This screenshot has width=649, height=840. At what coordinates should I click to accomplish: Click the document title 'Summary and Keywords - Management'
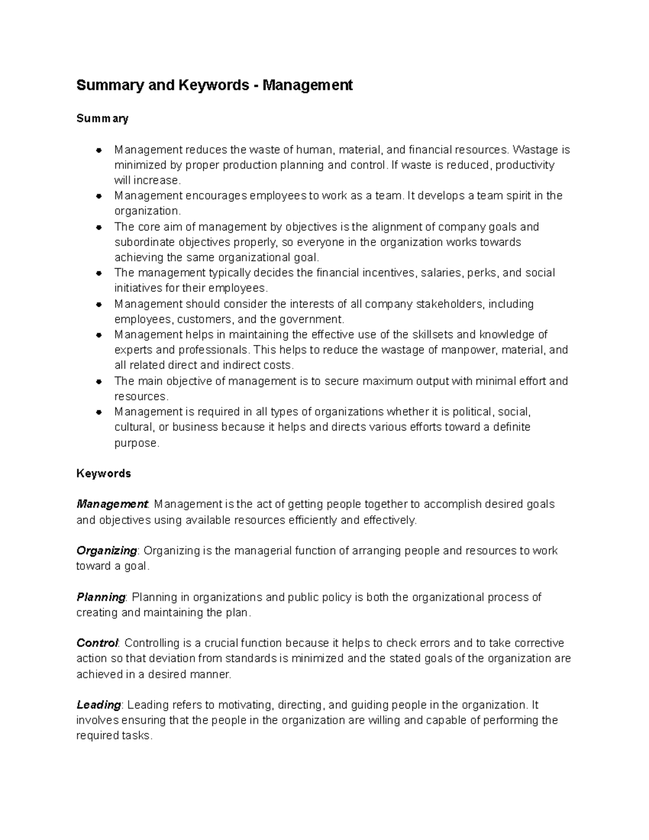point(214,85)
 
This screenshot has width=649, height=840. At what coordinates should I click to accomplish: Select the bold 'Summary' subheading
point(102,118)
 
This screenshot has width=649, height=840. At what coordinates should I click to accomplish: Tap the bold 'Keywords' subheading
point(103,473)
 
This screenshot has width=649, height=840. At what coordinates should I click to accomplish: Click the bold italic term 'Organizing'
point(107,551)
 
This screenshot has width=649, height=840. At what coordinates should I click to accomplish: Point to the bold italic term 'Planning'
point(101,597)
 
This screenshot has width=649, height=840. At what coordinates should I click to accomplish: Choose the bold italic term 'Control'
point(97,643)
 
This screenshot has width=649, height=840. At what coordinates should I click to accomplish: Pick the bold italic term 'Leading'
point(98,705)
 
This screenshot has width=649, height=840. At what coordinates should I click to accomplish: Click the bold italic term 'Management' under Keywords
point(112,504)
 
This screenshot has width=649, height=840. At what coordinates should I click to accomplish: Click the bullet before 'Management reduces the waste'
point(98,150)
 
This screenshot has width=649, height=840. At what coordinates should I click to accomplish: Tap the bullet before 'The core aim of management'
point(98,227)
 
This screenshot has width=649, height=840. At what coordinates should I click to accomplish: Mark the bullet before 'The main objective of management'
point(98,381)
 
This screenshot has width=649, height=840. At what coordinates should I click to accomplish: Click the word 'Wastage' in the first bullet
point(532,149)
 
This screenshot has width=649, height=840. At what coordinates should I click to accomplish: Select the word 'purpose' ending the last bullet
point(136,443)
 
